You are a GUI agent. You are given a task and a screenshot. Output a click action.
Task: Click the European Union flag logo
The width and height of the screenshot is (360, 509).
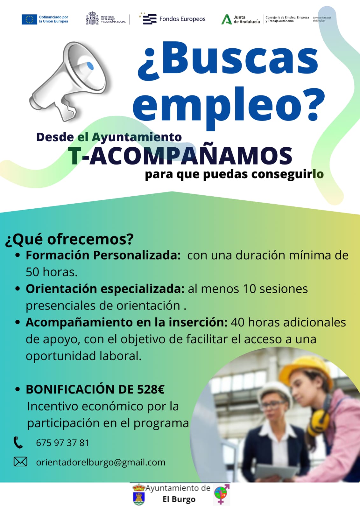(x=29, y=19)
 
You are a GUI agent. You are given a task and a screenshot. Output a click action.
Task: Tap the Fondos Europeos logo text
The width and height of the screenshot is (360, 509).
(x=182, y=19)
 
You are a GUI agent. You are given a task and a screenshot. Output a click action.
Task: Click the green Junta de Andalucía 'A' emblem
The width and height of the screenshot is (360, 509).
(x=226, y=19)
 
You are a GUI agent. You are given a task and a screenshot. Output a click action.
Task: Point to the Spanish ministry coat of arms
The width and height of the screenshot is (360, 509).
(x=92, y=18)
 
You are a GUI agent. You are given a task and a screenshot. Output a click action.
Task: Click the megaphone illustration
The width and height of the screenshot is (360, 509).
(x=68, y=81)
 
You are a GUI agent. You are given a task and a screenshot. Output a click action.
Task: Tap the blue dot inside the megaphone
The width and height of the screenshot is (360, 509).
(x=90, y=66)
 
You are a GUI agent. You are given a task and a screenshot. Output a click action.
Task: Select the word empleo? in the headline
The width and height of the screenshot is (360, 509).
(x=229, y=107)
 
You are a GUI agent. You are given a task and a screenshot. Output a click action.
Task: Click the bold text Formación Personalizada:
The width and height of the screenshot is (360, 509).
(x=103, y=255)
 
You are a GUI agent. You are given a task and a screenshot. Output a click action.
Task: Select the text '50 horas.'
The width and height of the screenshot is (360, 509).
(x=52, y=272)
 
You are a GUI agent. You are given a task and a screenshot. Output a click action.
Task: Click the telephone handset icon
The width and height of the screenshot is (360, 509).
(x=18, y=443)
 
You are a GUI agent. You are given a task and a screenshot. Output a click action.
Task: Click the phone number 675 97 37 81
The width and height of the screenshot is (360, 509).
(x=62, y=443)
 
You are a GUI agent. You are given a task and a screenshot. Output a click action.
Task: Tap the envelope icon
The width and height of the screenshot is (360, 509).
(x=20, y=462)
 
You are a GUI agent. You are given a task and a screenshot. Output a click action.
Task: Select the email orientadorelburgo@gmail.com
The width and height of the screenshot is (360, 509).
(x=101, y=463)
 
